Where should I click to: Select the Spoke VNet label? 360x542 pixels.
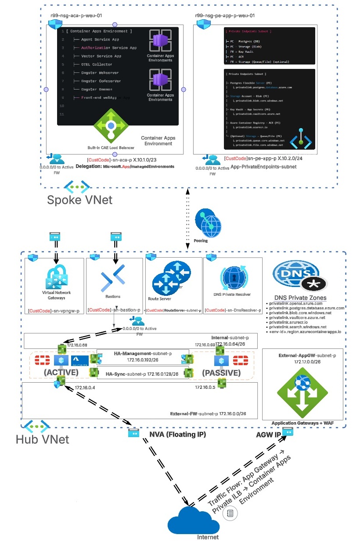(79, 200)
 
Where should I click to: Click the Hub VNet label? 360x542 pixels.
(42, 439)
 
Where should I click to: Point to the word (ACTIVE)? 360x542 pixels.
(62, 373)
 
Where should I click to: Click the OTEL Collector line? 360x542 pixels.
(96, 64)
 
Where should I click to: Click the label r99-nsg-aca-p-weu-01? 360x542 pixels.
(76, 16)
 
